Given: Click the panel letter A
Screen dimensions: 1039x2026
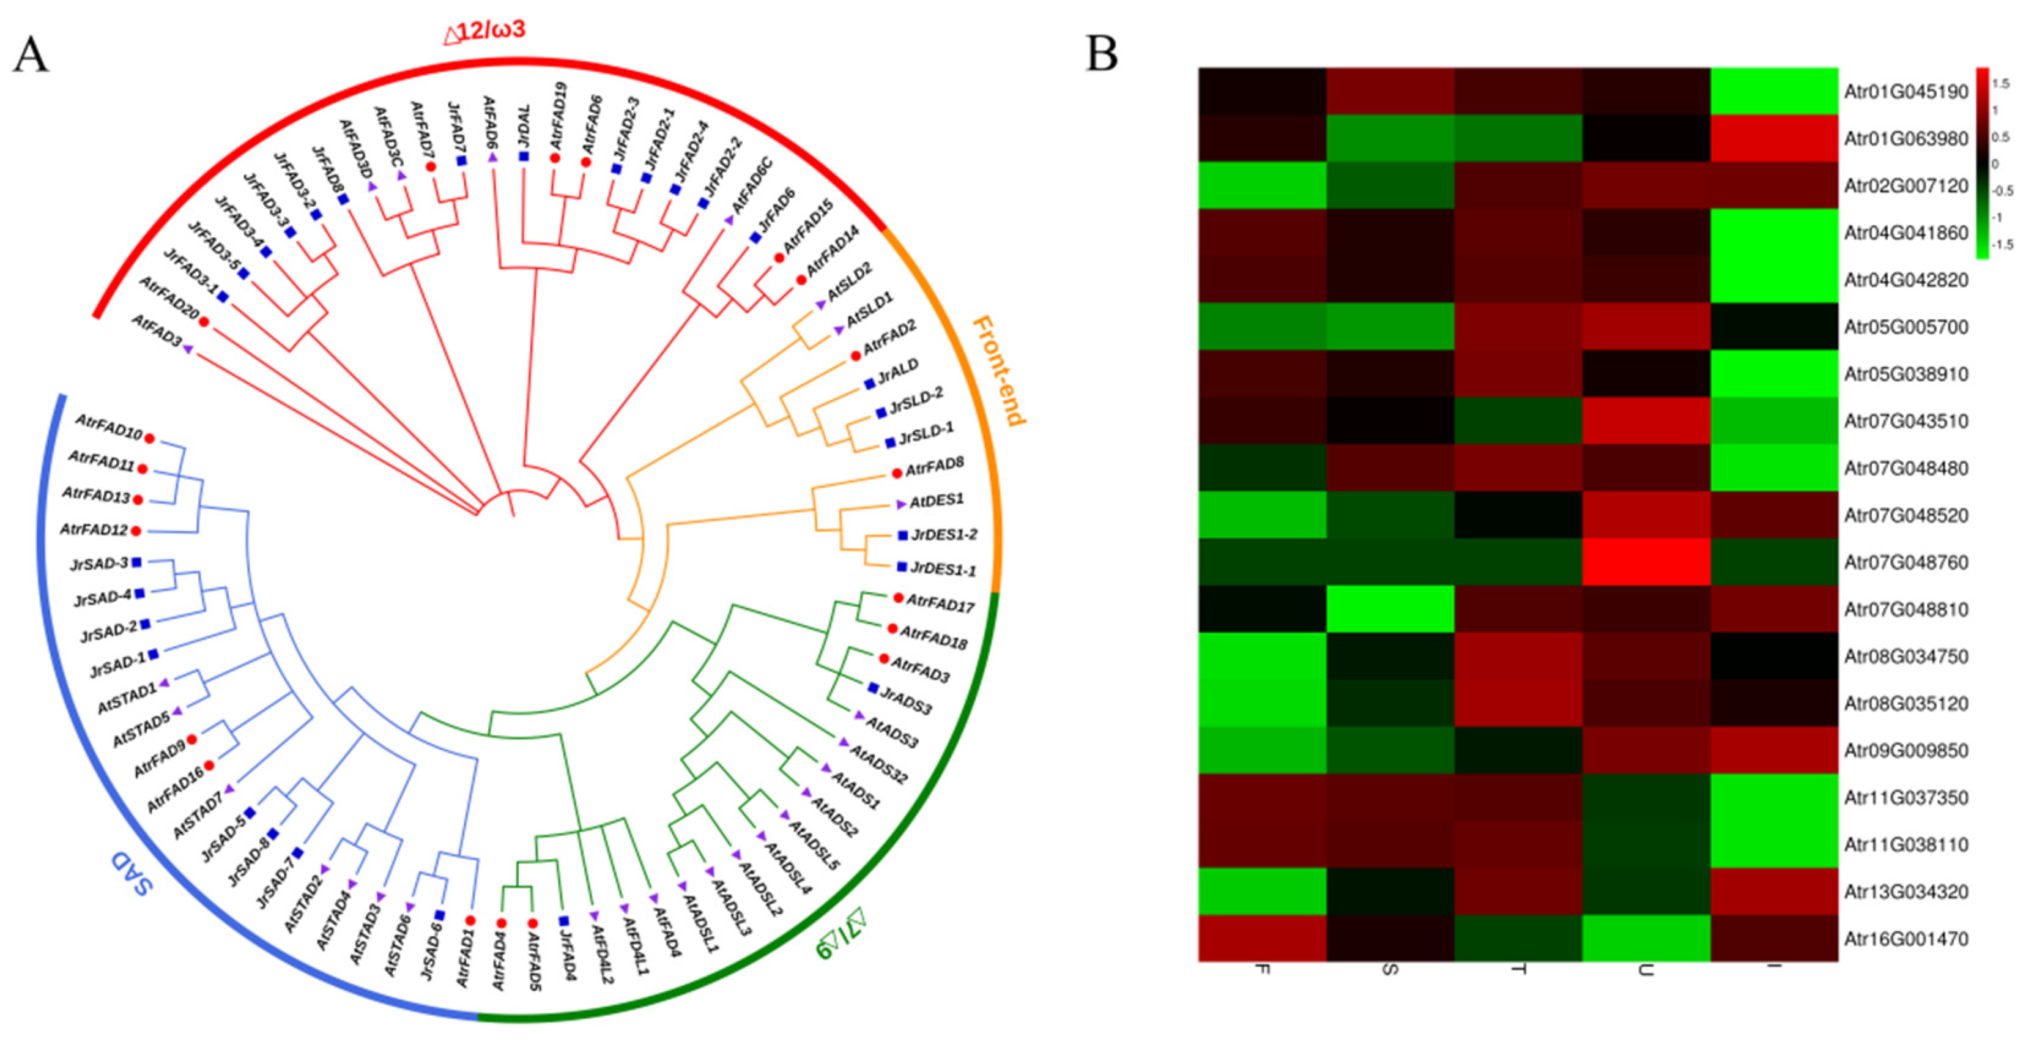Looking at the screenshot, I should pos(31,55).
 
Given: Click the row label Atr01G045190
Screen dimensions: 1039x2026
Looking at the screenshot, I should pos(1905,91).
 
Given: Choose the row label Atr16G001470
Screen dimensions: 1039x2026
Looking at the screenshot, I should pos(1905,938).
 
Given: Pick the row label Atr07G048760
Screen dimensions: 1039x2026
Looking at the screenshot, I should pos(1905,562).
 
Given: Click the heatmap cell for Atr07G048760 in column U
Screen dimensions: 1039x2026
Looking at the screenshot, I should pos(1646,562).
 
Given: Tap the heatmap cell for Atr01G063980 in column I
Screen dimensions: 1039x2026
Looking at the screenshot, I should pos(1775,138).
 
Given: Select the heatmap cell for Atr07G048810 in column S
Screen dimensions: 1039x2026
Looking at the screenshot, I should pos(1390,609).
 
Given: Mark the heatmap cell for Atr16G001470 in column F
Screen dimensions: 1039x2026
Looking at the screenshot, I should pos(1263,938).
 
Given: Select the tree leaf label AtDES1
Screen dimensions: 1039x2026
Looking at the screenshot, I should pos(936,501).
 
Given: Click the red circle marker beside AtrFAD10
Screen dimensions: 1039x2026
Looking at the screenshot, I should pos(149,438).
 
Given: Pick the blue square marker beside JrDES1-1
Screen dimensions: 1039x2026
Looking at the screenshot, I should pos(902,566).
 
